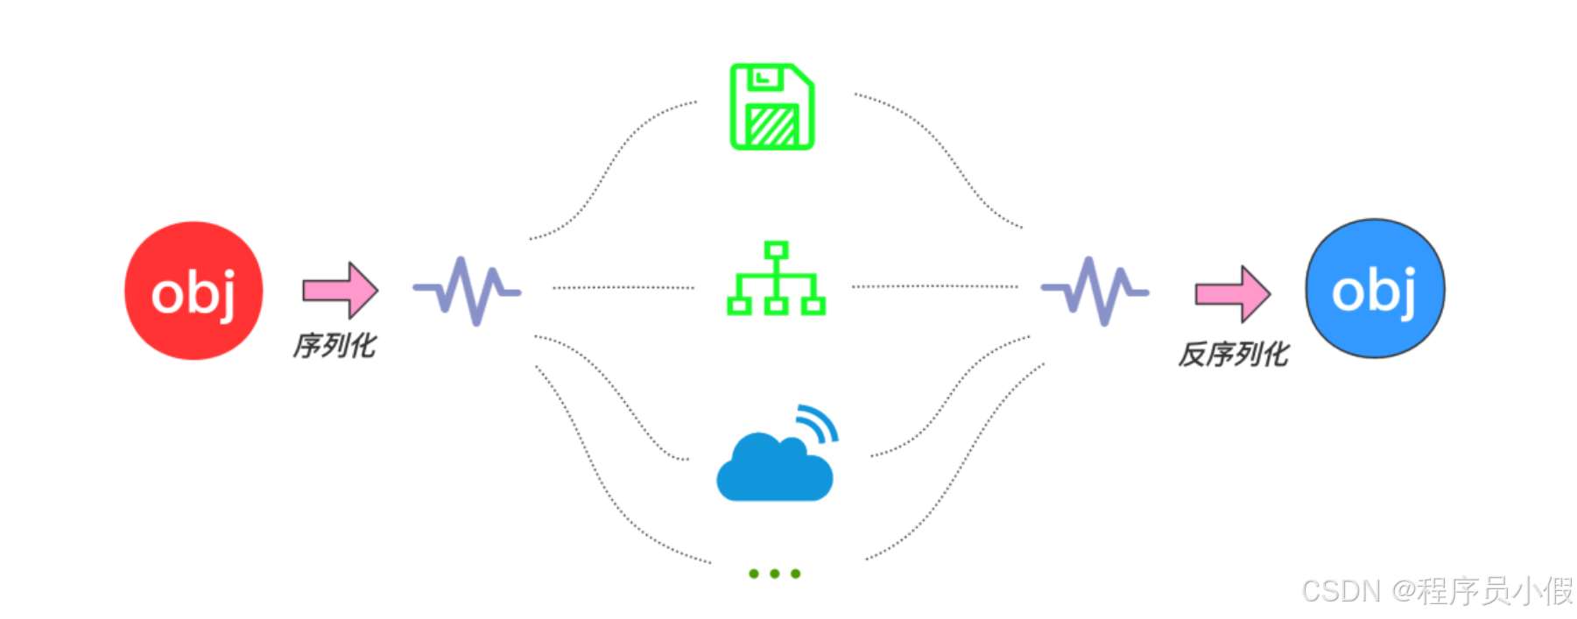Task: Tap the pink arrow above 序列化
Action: pos(340,290)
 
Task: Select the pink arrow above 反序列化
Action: pos(1232,294)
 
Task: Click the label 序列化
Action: pos(334,346)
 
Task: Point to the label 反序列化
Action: pos(1233,355)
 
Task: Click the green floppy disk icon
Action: pos(772,107)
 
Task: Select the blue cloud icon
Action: pos(774,469)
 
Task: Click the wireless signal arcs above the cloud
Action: pos(819,422)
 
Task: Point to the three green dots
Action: pos(775,574)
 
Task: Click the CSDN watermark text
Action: pos(1436,591)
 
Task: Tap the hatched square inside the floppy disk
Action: pos(772,125)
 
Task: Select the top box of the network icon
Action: pos(776,250)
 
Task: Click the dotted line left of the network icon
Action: pos(623,287)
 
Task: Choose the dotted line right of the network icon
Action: pos(934,286)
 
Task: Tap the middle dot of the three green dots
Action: pos(775,574)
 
